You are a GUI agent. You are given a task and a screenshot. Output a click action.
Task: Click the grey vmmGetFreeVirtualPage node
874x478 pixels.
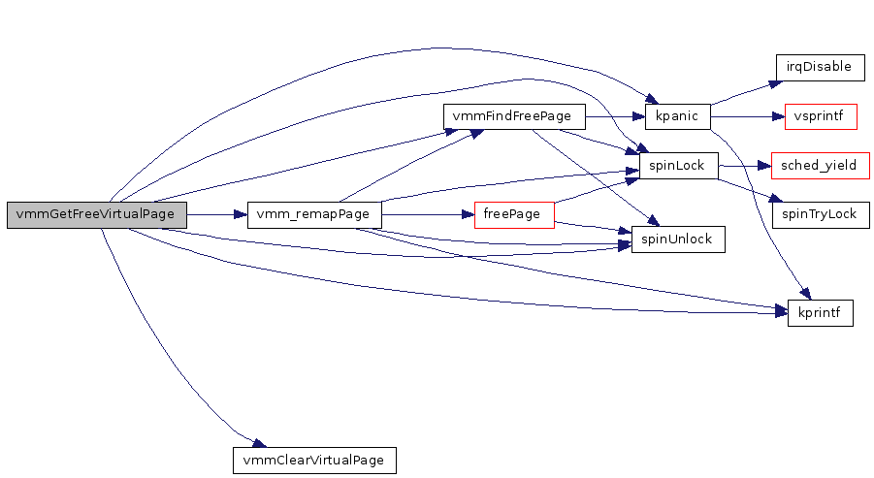(96, 215)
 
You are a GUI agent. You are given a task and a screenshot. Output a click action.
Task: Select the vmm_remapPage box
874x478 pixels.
(314, 215)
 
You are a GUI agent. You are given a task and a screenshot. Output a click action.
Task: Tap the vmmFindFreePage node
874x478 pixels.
(514, 117)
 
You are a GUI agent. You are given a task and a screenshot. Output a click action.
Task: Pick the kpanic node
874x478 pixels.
(677, 117)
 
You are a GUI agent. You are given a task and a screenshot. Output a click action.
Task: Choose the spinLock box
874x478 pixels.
(677, 167)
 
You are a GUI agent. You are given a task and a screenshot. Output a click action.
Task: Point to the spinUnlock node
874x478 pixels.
(678, 239)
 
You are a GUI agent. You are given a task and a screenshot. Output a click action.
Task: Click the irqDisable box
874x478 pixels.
(820, 68)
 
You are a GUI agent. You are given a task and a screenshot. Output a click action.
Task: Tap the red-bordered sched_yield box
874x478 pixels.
(820, 166)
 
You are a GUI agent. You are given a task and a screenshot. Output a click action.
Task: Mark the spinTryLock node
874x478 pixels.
(820, 215)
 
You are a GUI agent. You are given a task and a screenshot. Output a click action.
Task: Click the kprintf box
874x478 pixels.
(820, 313)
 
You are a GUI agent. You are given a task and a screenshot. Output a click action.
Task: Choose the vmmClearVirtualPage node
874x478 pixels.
(315, 460)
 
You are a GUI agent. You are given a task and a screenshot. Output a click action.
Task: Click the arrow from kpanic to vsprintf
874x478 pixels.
(747, 117)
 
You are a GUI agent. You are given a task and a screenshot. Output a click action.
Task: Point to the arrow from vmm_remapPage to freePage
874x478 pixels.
(427, 215)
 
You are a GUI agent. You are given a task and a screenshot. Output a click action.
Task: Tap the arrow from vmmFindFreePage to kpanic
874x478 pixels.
(615, 117)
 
